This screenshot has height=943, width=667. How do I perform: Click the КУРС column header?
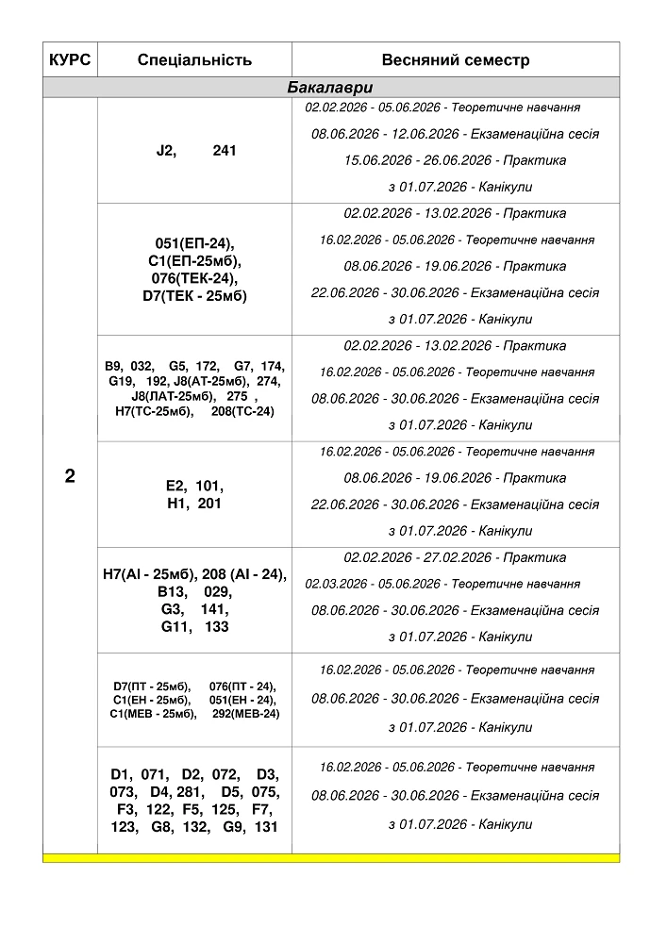coord(70,60)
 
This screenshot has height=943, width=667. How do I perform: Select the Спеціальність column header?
coord(194,60)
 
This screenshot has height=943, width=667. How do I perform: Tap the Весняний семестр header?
coord(456,60)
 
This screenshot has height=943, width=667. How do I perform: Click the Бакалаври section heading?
coord(330,88)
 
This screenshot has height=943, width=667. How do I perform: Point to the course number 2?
coord(70,476)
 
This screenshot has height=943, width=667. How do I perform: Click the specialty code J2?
coord(166,151)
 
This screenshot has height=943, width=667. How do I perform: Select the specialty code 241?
coord(225,151)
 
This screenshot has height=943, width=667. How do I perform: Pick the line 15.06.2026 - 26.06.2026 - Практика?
coord(456,160)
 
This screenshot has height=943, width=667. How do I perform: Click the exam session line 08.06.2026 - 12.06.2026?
coord(456,134)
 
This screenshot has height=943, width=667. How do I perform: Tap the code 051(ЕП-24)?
coord(194,243)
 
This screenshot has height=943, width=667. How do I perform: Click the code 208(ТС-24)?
coord(242,411)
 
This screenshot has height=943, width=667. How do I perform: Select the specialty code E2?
coord(175,487)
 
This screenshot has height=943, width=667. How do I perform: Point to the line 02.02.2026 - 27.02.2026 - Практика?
coord(456,557)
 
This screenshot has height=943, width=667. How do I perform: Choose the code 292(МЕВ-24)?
coord(245,714)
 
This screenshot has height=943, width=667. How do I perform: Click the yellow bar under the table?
coord(331,858)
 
